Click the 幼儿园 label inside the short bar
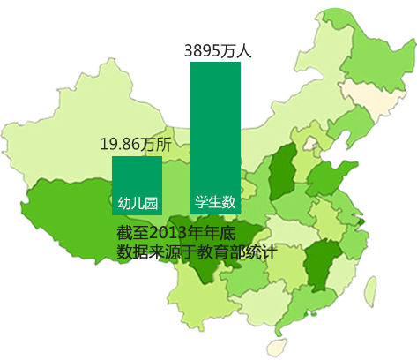tap(137, 203)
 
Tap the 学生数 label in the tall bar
tap(215, 202)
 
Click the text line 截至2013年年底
tap(176, 233)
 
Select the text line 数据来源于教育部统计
tap(197, 251)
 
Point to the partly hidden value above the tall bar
tap(217, 51)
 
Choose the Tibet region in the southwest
tap(79, 212)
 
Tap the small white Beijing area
tap(309, 141)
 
